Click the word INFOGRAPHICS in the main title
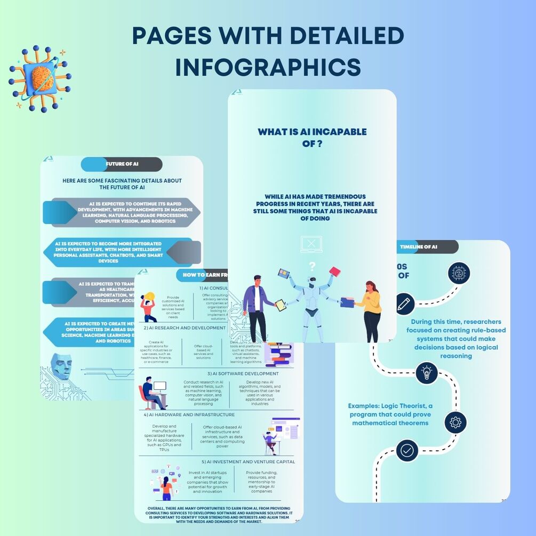[268, 67]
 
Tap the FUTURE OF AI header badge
[122, 164]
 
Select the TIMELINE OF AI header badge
[426, 246]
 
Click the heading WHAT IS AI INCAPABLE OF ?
[312, 137]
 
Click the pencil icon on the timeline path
[405, 304]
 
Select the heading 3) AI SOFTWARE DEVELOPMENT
[242, 374]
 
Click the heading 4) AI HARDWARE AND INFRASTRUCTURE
[189, 414]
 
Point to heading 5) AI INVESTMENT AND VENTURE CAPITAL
[248, 461]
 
